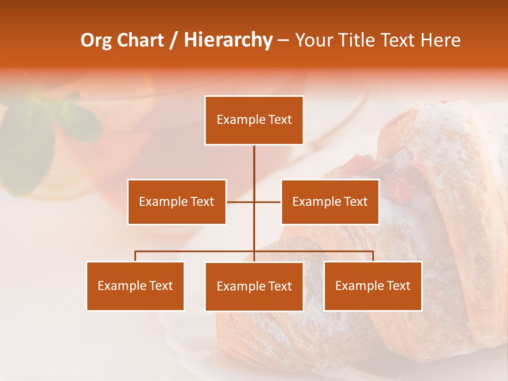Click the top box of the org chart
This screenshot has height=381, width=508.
(254, 120)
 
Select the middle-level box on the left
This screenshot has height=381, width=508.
(177, 202)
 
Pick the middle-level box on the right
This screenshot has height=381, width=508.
(330, 202)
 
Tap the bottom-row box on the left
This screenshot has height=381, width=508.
(135, 286)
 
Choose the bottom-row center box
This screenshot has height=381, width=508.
(254, 286)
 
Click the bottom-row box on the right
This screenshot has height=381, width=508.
(373, 286)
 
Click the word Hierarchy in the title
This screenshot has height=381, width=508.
(228, 40)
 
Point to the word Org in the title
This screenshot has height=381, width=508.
(96, 40)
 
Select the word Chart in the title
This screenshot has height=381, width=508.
(140, 40)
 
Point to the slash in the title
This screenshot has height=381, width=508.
(174, 41)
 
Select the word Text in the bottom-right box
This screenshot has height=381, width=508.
(398, 286)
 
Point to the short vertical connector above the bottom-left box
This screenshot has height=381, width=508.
(135, 256)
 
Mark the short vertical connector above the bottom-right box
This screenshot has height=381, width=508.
(373, 256)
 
